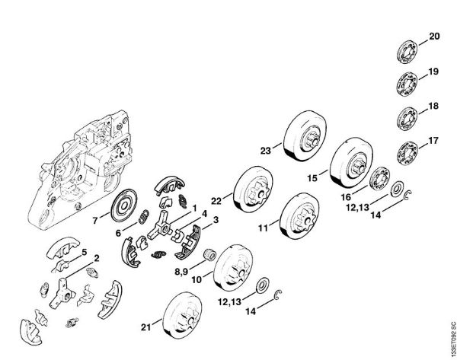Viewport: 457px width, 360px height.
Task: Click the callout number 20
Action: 435,36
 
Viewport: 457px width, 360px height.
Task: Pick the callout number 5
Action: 84,251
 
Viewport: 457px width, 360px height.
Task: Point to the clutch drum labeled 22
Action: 253,194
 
